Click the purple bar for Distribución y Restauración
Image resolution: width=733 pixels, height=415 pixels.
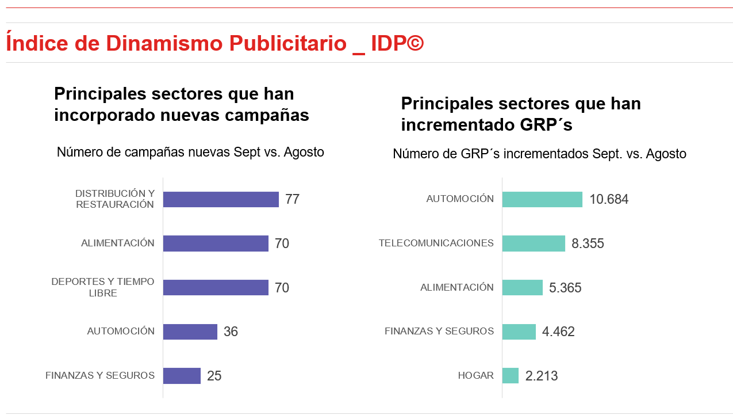[221, 199]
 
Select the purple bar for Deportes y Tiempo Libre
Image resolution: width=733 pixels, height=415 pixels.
[216, 287]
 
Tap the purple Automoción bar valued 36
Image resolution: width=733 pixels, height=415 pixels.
[190, 332]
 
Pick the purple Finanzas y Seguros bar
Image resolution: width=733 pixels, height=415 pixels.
[182, 376]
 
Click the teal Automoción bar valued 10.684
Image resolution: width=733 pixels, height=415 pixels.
[542, 199]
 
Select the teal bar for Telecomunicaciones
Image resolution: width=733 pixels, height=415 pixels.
[534, 243]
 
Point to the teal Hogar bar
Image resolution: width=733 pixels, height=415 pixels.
[511, 376]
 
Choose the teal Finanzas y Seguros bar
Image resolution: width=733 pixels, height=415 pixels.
[519, 332]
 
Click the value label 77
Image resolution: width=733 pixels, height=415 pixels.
[292, 200]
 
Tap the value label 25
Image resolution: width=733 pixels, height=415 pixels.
[214, 376]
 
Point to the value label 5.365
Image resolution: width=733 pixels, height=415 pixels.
[565, 288]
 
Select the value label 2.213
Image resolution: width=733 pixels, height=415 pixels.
[542, 376]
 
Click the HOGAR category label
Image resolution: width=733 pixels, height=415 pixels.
[475, 376]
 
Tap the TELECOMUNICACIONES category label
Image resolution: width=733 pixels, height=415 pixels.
[436, 243]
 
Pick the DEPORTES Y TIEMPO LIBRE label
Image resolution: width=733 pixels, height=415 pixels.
[103, 287]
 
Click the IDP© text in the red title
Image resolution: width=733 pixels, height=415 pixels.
[397, 43]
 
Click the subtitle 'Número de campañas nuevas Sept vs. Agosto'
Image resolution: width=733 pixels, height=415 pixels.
[190, 153]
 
